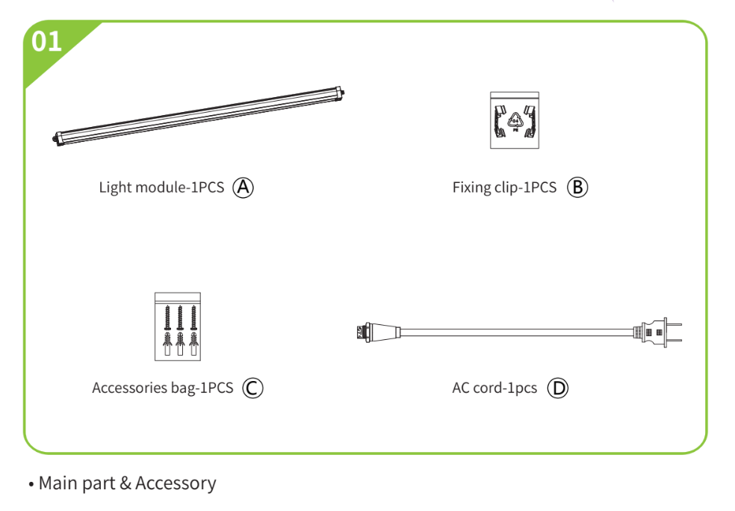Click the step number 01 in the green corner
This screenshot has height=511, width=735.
(46, 41)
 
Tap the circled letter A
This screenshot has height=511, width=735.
(243, 187)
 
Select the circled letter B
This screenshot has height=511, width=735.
(577, 187)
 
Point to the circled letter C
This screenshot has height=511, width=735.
(253, 388)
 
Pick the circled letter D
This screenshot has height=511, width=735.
(557, 388)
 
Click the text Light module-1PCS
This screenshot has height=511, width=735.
(161, 187)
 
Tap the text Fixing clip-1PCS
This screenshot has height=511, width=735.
(504, 187)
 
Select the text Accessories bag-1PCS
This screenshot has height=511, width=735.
(162, 388)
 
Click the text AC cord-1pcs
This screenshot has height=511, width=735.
(494, 388)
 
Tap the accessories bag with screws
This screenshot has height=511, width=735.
(178, 326)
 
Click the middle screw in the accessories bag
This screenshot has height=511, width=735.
(180, 318)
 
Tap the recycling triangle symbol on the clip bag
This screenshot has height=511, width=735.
(515, 120)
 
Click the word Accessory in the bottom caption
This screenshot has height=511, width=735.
(176, 483)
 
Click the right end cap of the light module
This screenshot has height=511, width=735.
(342, 92)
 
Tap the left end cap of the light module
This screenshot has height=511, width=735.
(58, 137)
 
